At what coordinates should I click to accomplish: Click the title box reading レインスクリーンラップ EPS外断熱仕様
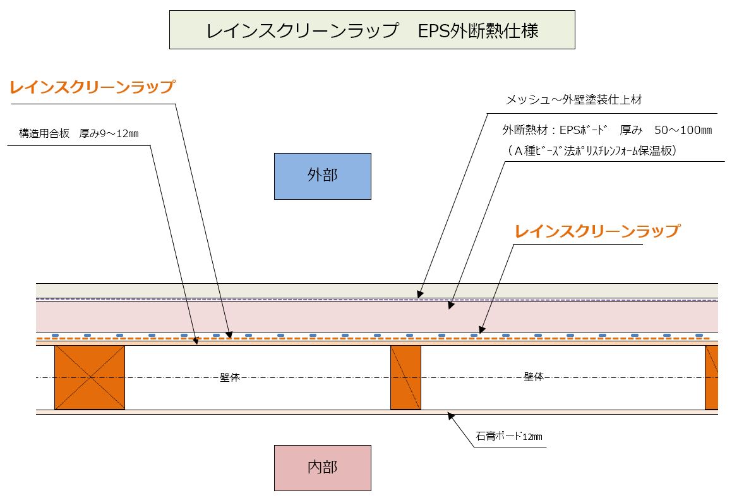(x=372, y=30)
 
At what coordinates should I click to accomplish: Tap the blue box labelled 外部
(x=323, y=176)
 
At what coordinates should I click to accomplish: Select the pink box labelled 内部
(x=323, y=468)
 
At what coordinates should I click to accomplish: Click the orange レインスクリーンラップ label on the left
(x=92, y=87)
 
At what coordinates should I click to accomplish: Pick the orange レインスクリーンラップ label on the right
(x=597, y=231)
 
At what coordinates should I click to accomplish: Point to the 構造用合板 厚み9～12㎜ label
(x=78, y=133)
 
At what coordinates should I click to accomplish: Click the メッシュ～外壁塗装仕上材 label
(x=573, y=99)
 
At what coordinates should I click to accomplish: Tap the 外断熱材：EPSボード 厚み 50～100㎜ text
(x=607, y=130)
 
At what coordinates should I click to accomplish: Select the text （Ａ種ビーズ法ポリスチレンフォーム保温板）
(x=591, y=150)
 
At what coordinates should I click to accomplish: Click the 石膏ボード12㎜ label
(x=509, y=436)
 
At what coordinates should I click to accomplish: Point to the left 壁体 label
(x=230, y=377)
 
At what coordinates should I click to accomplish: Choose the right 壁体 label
(x=534, y=377)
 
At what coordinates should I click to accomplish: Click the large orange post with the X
(x=90, y=377)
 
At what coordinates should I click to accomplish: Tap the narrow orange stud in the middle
(x=405, y=377)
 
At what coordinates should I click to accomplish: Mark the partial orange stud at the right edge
(x=711, y=377)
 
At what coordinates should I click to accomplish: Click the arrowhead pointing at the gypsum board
(x=450, y=415)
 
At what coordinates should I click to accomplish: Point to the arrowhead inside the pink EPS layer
(x=450, y=305)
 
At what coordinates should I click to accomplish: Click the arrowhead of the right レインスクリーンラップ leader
(x=481, y=330)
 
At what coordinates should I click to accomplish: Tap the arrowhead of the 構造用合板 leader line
(x=196, y=341)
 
